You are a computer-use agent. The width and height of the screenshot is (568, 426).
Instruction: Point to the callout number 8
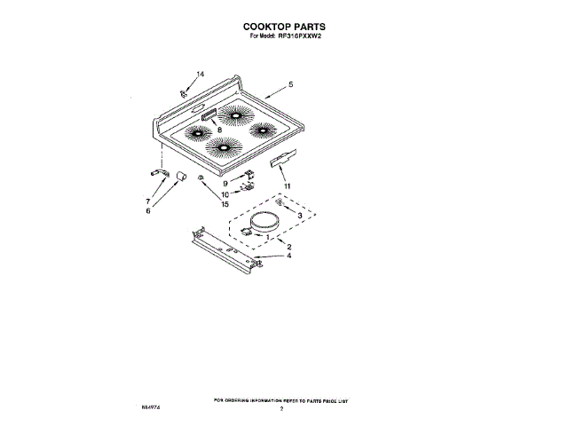click(x=220, y=130)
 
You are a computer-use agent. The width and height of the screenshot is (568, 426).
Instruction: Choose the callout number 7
click(x=147, y=201)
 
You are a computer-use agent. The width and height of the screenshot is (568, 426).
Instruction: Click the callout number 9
click(x=225, y=183)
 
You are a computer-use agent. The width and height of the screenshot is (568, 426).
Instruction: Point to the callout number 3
click(x=299, y=216)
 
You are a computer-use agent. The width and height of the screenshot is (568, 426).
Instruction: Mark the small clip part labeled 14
click(x=184, y=91)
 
